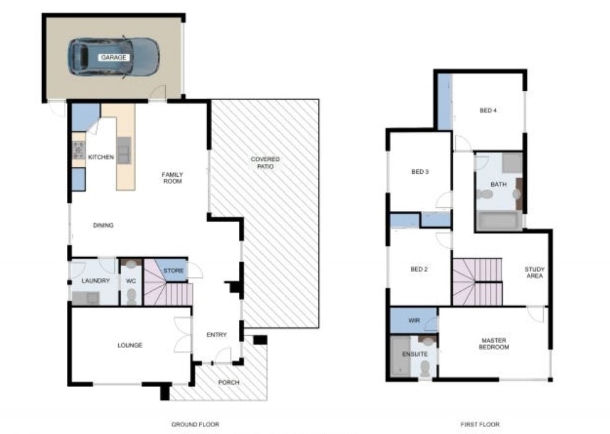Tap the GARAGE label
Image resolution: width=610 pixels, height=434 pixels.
tap(114, 57)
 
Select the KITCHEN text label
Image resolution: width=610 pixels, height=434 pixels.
tap(101, 158)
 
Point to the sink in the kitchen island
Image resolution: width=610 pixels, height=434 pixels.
tap(124, 150)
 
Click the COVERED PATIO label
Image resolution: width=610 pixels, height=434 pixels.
tap(265, 163)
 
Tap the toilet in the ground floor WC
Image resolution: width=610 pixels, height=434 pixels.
tap(131, 296)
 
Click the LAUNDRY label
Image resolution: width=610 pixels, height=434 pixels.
tap(95, 281)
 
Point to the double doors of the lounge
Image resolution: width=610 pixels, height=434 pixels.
tap(183, 335)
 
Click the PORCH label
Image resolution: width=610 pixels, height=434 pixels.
tap(229, 382)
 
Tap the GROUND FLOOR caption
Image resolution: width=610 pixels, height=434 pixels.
tap(195, 425)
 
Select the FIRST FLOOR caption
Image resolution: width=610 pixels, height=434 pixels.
tap(479, 425)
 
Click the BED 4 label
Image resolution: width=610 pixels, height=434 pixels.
tap(488, 111)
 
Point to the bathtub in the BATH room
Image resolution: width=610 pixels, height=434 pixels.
tap(499, 221)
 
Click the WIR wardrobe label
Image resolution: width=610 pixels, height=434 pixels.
tap(415, 321)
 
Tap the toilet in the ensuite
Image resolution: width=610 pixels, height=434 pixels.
tap(425, 368)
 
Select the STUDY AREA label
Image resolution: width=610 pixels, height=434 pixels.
tap(534, 273)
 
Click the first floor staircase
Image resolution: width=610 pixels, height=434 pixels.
tap(476, 282)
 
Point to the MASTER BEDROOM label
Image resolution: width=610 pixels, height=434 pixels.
tap(494, 344)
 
